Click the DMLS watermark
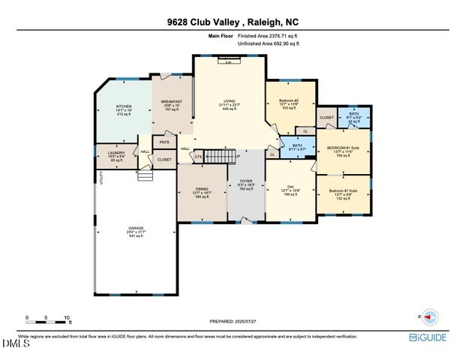coord(13,344)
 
